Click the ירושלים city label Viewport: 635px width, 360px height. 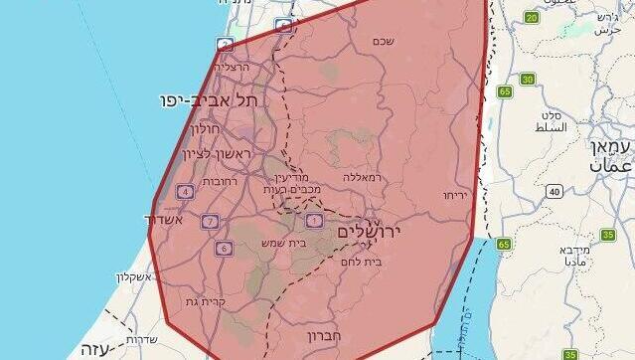[379, 231]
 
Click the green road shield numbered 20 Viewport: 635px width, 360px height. [531, 18]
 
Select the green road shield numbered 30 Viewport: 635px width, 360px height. [527, 80]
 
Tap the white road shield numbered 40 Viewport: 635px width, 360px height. [554, 191]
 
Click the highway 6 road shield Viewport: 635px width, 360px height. [224, 248]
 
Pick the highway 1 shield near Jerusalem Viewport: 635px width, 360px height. [315, 220]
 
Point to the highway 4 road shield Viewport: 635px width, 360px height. [185, 191]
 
